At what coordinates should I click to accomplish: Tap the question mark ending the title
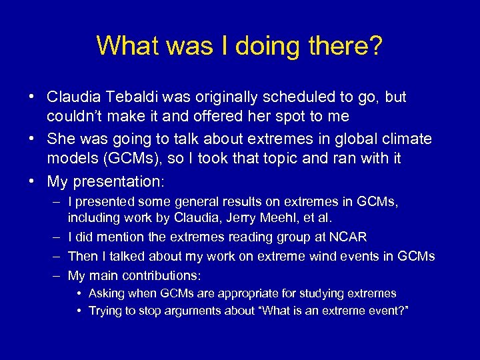375,45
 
